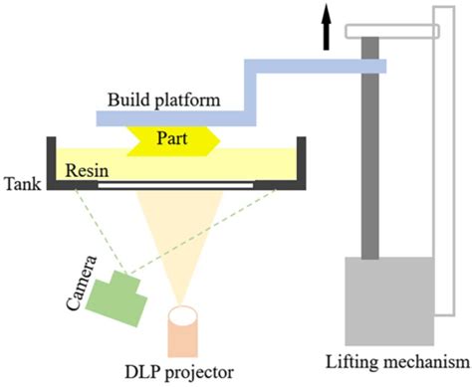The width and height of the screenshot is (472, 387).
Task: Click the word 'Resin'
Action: coord(87,169)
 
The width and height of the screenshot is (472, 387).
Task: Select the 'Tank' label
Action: coord(22,184)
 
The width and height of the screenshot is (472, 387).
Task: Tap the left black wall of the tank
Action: coord(49,163)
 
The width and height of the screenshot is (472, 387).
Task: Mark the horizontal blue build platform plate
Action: coord(169,118)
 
